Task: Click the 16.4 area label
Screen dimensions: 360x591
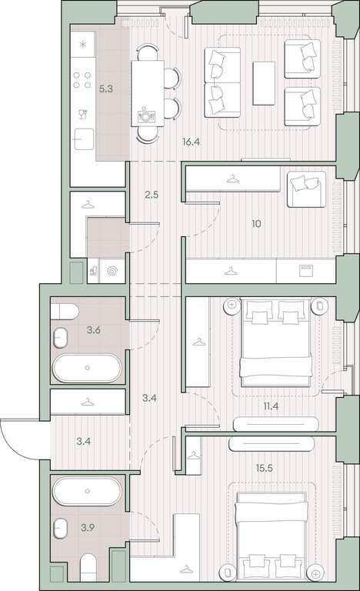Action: click(191, 142)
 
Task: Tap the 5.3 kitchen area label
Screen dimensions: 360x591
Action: click(106, 89)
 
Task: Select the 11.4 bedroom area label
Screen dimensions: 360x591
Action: click(271, 406)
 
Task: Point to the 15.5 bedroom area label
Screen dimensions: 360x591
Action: click(265, 468)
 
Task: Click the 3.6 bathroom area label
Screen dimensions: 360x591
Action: click(94, 330)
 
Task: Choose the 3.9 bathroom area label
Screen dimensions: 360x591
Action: click(88, 528)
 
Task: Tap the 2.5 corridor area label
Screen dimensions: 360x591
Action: click(152, 195)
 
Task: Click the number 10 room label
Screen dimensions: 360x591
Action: click(256, 224)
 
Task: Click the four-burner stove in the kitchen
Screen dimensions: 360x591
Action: click(82, 80)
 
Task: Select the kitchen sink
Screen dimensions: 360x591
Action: click(84, 139)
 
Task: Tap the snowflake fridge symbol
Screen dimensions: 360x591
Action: click(83, 44)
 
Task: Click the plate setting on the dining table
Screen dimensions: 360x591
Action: click(144, 115)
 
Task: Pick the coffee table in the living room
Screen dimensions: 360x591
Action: click(264, 83)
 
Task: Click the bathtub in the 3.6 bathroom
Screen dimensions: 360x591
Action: click(87, 368)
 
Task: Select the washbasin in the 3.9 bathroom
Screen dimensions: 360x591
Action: click(60, 528)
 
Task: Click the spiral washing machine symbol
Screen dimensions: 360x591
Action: click(112, 271)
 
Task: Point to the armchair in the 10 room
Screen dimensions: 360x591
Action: click(306, 189)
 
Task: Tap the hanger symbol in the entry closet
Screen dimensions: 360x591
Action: click(88, 402)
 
